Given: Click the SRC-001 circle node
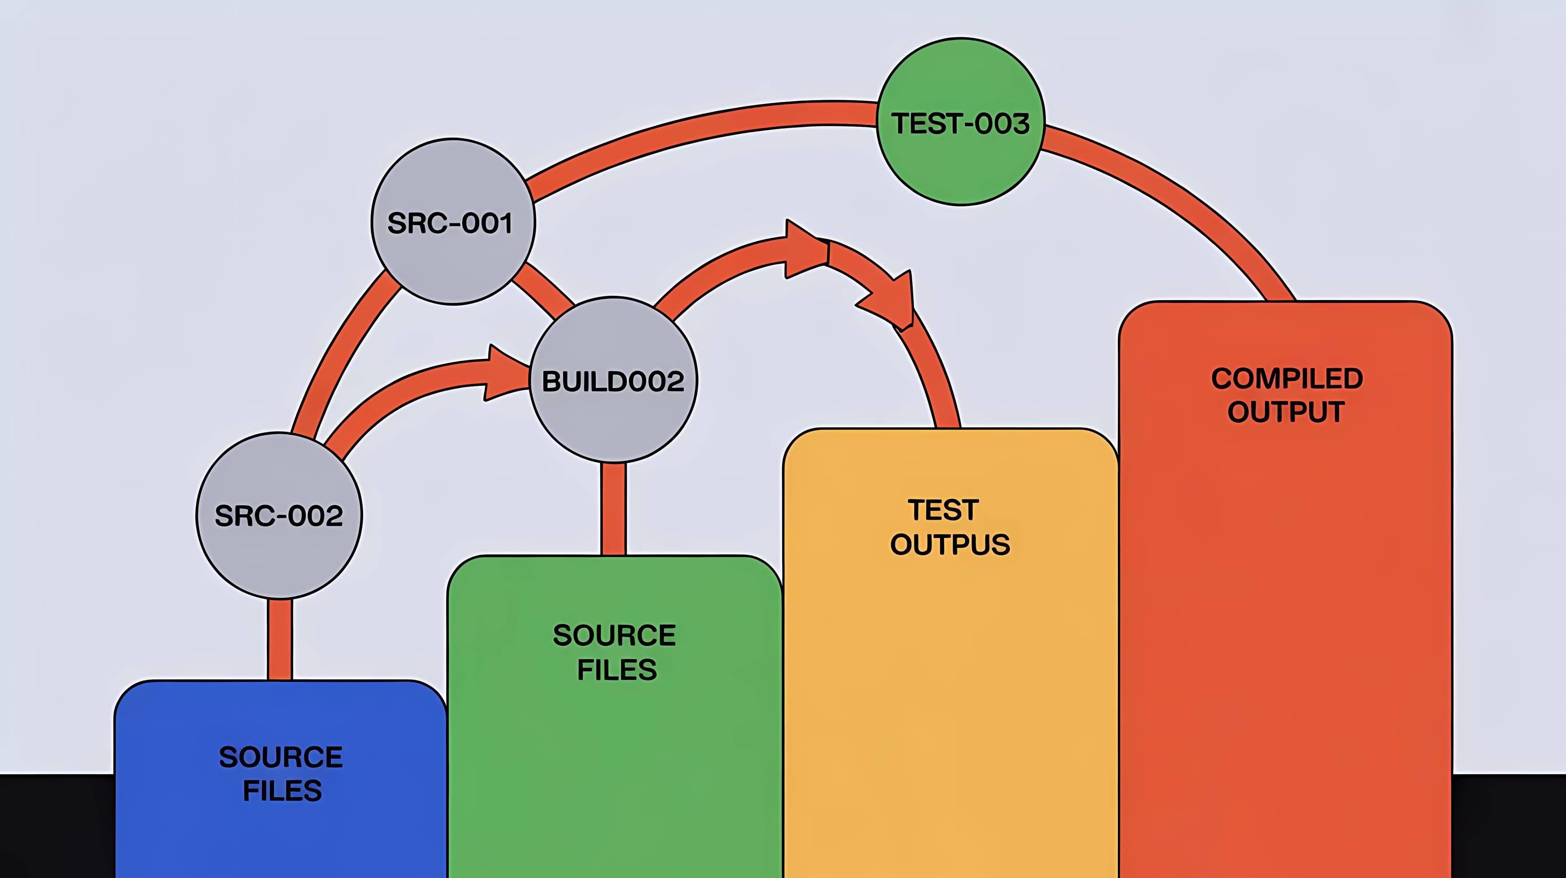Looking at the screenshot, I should click(x=453, y=222).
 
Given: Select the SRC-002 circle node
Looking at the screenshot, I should click(x=279, y=515).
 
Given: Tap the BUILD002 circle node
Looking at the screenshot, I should click(x=613, y=380).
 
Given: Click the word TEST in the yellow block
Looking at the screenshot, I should click(x=943, y=510).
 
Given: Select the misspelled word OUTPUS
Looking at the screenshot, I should click(x=949, y=545).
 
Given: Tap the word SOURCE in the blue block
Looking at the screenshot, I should click(x=281, y=757).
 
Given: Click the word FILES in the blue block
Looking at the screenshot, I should click(x=282, y=790).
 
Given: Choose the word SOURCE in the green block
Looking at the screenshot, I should click(x=614, y=635).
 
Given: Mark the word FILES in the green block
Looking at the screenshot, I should click(x=617, y=670).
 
